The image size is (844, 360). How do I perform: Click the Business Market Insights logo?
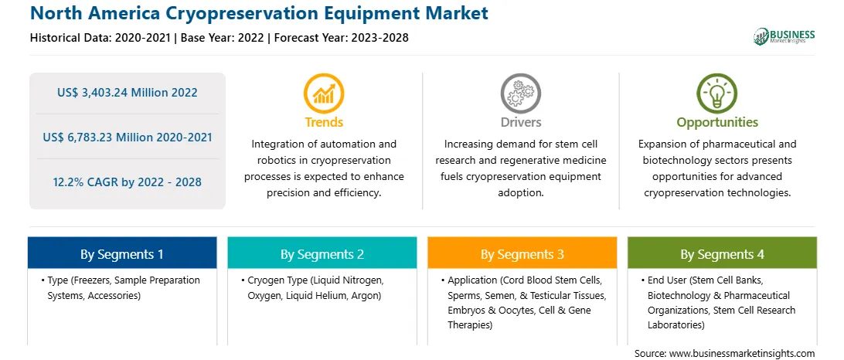(x=784, y=36)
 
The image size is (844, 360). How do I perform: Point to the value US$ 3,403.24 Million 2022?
(x=128, y=93)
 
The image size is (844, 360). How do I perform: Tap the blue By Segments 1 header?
(x=122, y=253)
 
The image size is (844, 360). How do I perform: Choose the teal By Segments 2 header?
(x=322, y=253)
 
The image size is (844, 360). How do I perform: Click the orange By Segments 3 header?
(x=522, y=253)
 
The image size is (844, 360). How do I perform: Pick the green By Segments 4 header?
(x=723, y=253)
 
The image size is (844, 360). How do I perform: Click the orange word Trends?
(x=324, y=122)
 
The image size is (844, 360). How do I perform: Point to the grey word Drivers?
(x=521, y=122)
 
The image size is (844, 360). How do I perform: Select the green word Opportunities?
(x=717, y=122)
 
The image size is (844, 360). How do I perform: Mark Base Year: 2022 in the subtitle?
(x=223, y=38)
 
